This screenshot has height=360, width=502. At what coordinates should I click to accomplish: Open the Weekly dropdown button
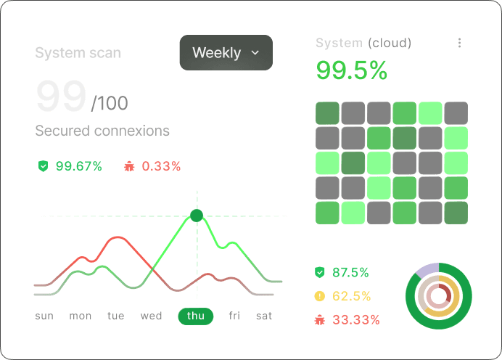(226, 53)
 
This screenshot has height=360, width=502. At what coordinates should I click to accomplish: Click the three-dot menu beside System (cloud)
(459, 44)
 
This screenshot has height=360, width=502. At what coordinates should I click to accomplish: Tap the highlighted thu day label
(196, 316)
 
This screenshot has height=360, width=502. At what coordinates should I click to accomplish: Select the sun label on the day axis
(44, 316)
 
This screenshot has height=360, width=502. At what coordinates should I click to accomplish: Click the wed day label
(151, 316)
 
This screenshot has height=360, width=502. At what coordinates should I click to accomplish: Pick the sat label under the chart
(264, 316)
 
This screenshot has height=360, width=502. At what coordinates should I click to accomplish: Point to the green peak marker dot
(196, 216)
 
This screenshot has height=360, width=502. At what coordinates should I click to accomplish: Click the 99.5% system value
(352, 70)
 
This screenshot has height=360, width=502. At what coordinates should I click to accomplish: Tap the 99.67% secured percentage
(78, 166)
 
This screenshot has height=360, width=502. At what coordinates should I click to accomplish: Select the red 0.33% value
(161, 166)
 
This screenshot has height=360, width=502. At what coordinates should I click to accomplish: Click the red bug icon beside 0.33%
(130, 166)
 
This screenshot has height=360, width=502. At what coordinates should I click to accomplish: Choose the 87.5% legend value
(350, 273)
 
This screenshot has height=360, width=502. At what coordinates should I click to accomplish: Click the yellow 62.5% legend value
(351, 296)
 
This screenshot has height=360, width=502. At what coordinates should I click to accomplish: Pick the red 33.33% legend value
(355, 319)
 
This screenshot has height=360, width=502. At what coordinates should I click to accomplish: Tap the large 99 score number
(61, 97)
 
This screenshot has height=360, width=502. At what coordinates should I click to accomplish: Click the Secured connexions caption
(102, 131)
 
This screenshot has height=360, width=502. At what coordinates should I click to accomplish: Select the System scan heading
(78, 53)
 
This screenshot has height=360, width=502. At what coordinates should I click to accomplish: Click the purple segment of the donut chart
(428, 268)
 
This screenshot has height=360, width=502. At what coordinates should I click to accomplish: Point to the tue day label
(115, 316)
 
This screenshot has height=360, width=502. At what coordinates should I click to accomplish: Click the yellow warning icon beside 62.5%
(319, 296)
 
